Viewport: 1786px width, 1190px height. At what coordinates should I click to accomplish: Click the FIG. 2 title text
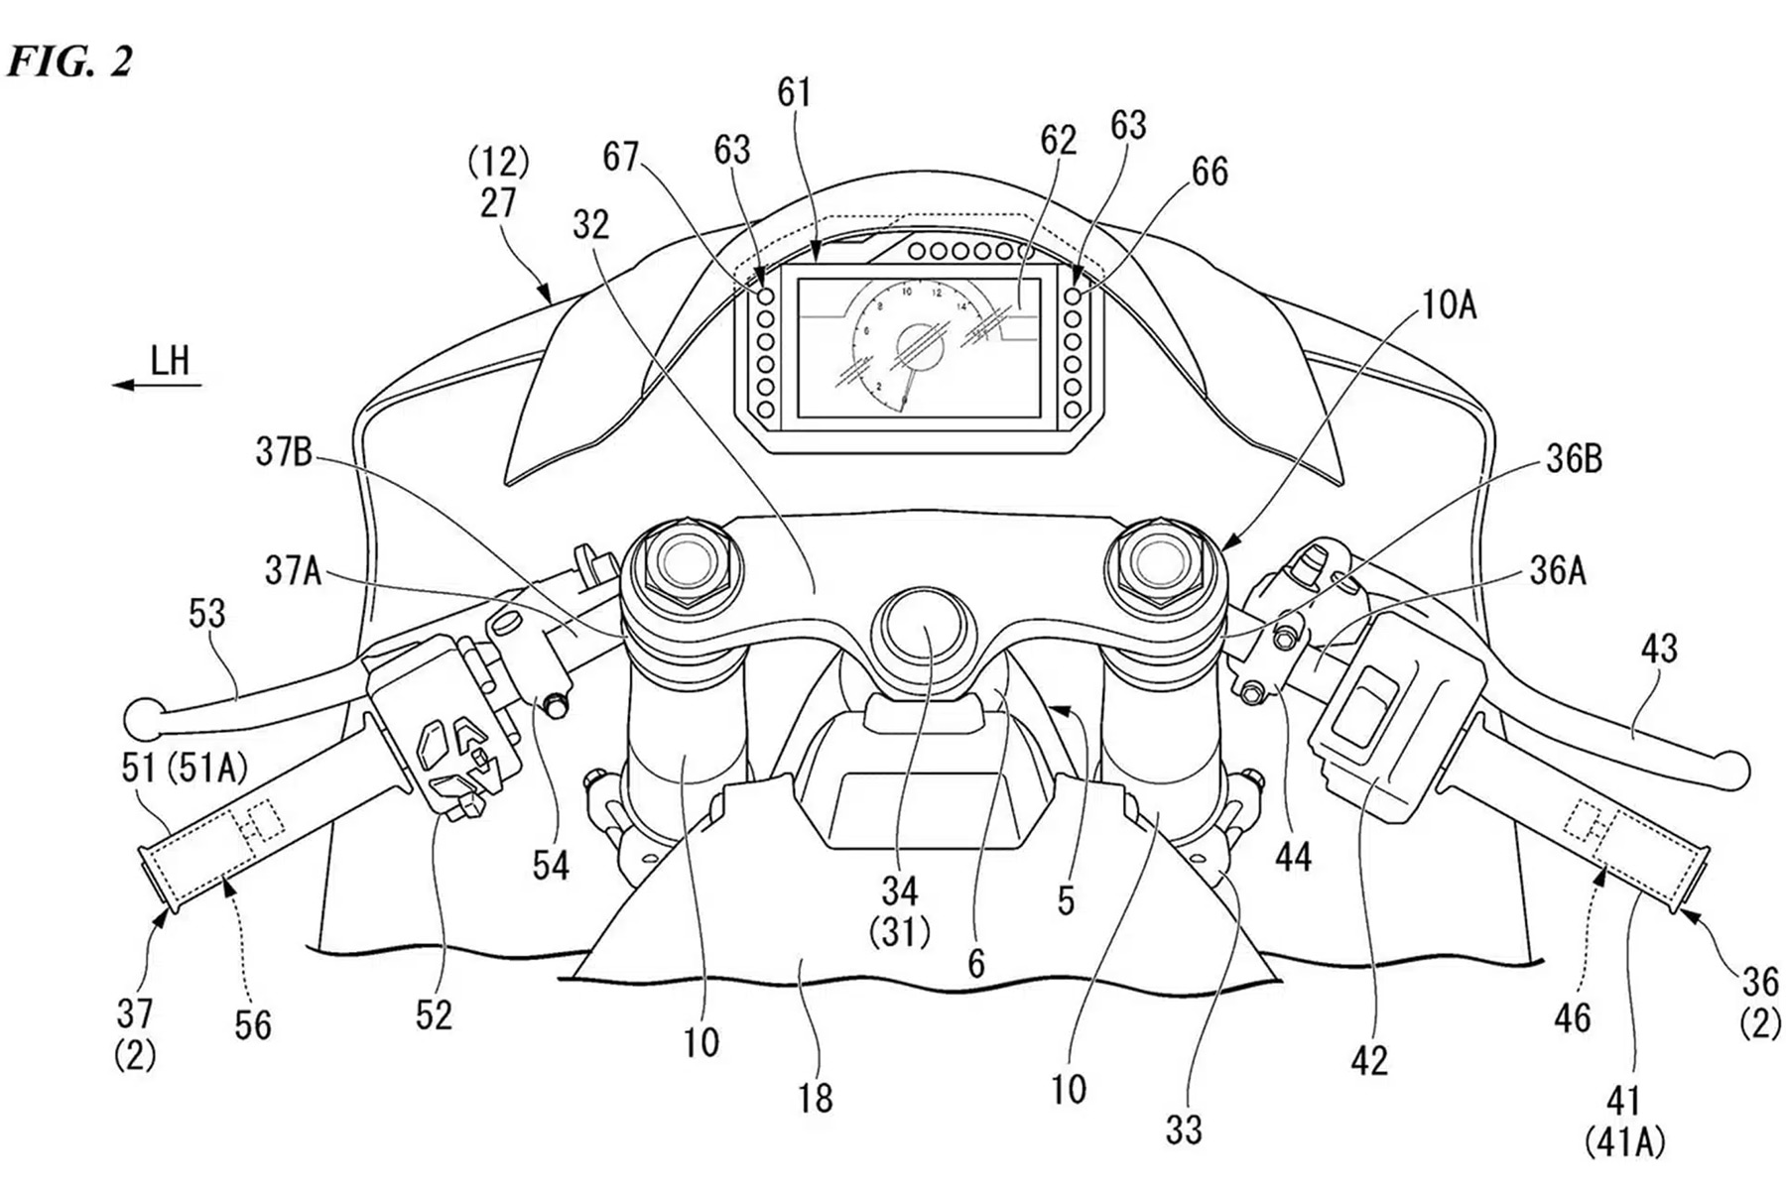coord(69,62)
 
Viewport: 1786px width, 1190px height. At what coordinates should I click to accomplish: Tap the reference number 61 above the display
coord(794,93)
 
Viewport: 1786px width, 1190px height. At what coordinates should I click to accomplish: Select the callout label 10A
coord(1448,306)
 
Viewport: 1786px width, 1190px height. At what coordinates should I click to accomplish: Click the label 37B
coord(284,453)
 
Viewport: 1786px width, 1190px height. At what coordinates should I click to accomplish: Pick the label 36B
coord(1573,460)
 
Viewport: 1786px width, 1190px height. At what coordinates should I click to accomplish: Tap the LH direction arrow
coord(159,383)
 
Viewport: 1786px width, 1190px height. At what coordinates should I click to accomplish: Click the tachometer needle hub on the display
coord(919,346)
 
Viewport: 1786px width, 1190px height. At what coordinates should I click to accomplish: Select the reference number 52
coord(434,1014)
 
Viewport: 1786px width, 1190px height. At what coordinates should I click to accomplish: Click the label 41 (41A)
coord(1623,1121)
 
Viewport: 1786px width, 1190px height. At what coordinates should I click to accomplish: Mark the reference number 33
coord(1184,1129)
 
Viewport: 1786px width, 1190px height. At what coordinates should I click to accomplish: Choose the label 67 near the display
coord(621,157)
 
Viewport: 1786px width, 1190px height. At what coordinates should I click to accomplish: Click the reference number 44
coord(1293,856)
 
